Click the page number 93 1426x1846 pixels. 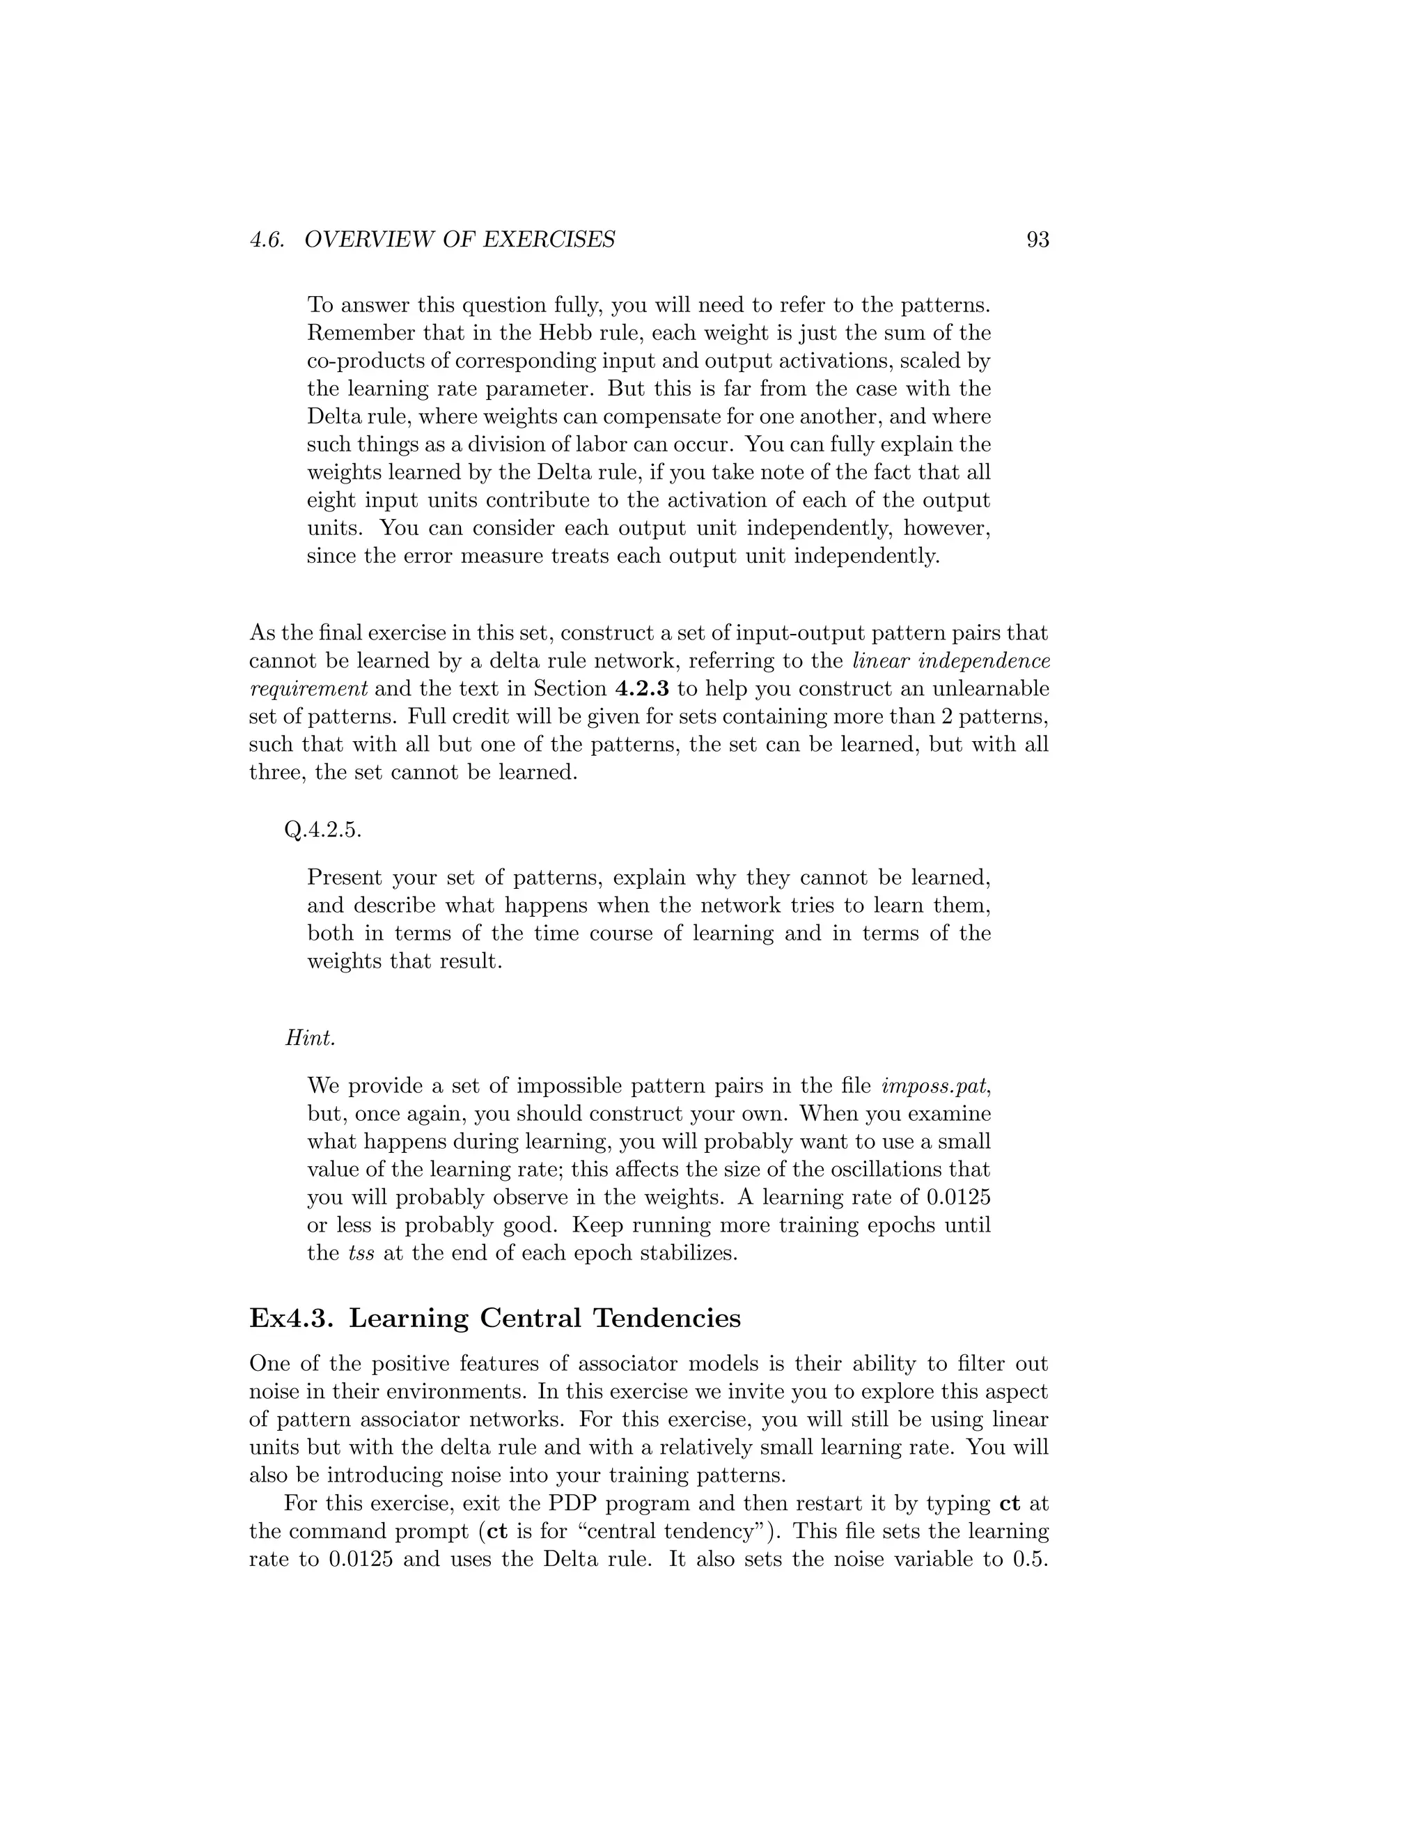(1037, 240)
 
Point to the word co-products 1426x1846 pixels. (368, 361)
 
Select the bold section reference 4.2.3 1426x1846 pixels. (642, 689)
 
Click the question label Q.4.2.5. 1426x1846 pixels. (322, 830)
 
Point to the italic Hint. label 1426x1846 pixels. (310, 1038)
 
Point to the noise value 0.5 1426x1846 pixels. (1029, 1560)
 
